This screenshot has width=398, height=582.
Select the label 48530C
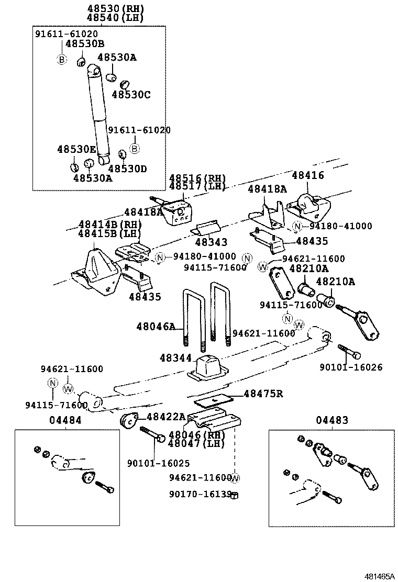pos(131,94)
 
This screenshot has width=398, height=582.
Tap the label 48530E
pos(76,149)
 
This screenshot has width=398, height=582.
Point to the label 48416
pos(308,176)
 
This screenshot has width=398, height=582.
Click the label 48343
pos(211,242)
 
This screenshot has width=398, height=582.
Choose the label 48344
pos(176,358)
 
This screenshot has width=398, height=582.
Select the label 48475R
pos(263,394)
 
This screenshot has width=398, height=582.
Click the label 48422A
pos(166,417)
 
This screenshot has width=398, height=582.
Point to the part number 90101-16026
pos(351,367)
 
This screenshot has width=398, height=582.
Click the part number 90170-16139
pos(200,494)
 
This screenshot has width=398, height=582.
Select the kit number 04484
pos(66,420)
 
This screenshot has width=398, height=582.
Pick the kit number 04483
pos(332,420)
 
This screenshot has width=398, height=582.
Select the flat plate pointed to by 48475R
pos(215,401)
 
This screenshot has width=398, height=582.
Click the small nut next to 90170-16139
pos(235,495)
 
